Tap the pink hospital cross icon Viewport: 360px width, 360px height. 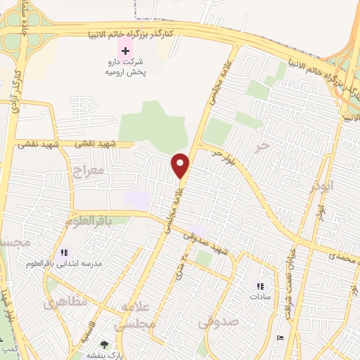pyautogui.click(x=127, y=51)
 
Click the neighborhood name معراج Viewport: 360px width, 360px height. pyautogui.click(x=88, y=170)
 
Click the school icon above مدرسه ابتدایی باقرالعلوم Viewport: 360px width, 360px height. pyautogui.click(x=64, y=252)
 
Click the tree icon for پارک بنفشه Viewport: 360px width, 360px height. pyautogui.click(x=105, y=345)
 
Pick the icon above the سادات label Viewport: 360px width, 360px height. pyautogui.click(x=260, y=286)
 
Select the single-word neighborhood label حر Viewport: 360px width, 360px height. pyautogui.click(x=262, y=146)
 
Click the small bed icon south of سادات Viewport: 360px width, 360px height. pyautogui.click(x=281, y=338)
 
